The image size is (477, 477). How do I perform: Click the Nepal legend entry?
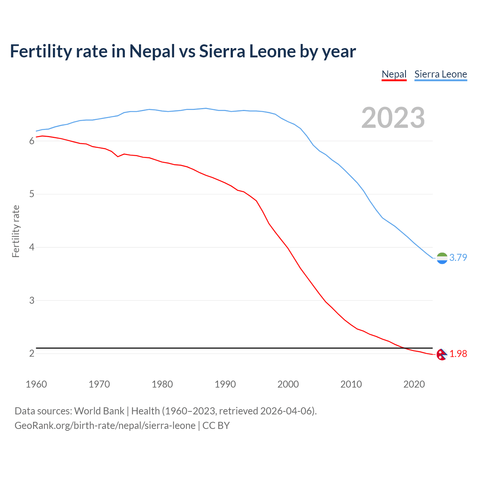click(x=394, y=74)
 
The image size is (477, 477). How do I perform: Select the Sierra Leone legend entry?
click(x=440, y=74)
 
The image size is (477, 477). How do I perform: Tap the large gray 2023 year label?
click(x=393, y=118)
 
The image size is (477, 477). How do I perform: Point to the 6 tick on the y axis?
click(x=32, y=141)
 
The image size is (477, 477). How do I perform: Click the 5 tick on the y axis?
click(x=32, y=194)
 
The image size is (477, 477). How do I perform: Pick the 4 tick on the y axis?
click(x=32, y=247)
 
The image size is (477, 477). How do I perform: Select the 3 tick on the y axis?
click(x=32, y=300)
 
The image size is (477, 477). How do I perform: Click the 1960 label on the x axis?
click(x=36, y=384)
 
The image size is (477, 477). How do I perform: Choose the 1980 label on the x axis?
click(x=162, y=384)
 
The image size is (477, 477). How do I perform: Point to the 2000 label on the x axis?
click(x=288, y=384)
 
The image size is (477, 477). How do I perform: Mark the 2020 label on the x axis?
click(x=414, y=384)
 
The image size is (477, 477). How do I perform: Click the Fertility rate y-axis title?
click(x=16, y=231)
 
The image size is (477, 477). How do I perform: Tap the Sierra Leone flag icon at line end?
click(x=442, y=258)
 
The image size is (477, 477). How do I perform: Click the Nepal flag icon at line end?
click(x=442, y=354)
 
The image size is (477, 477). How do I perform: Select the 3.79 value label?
click(x=458, y=258)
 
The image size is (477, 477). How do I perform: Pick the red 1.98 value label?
click(x=458, y=354)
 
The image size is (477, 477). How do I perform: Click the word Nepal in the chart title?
click(x=152, y=51)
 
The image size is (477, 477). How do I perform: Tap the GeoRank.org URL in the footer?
click(x=105, y=426)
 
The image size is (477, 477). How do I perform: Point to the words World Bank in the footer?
click(x=99, y=411)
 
